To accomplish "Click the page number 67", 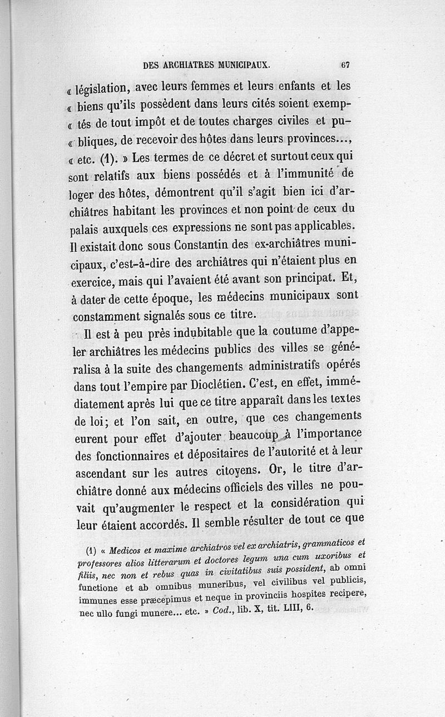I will click(345, 64).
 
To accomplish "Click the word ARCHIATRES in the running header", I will click(192, 65).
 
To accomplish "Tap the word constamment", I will click(107, 316).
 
